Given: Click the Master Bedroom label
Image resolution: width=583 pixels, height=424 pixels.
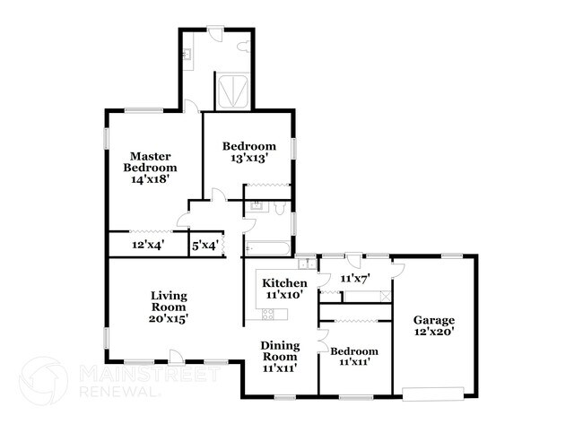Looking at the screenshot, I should [149, 160].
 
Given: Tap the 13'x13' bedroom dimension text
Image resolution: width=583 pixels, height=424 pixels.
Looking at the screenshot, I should [248, 158].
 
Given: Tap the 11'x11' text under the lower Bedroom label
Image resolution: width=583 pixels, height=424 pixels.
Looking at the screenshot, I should [354, 363].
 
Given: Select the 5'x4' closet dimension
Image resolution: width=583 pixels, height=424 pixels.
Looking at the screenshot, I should [204, 245].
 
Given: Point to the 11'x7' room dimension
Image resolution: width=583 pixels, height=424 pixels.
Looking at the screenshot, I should [353, 278].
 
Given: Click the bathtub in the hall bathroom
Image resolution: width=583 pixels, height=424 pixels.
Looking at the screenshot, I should [265, 247].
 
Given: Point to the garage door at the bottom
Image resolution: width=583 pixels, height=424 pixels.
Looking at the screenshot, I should [433, 391].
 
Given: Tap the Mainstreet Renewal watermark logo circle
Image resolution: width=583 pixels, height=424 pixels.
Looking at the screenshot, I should [43, 380].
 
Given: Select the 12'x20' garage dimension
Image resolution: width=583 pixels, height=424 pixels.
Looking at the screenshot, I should [433, 333].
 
